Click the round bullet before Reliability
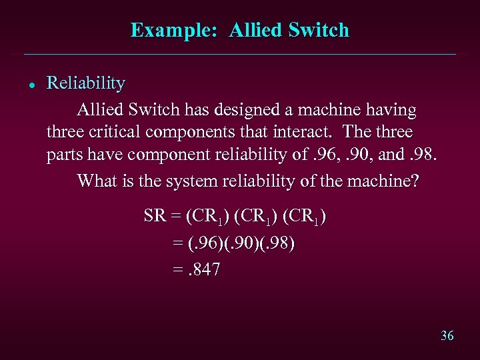31,85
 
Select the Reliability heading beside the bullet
86,83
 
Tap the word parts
65,156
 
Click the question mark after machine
416,180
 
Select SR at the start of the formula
155,217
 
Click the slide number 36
447,335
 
